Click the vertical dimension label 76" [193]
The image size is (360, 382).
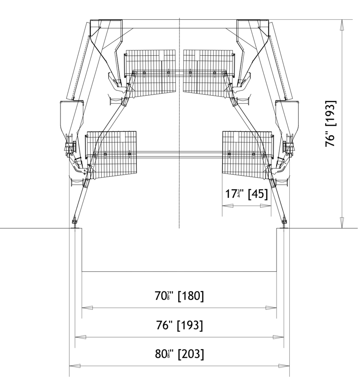330,124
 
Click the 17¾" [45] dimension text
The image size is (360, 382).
246,194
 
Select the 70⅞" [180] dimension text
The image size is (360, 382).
179,296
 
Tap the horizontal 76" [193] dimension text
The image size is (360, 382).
179,325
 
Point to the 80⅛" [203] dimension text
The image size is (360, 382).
179,354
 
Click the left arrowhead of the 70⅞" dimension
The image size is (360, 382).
87,308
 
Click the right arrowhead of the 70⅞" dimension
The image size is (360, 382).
271,308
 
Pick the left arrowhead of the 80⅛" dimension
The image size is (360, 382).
75,366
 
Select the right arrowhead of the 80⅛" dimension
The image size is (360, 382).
284,366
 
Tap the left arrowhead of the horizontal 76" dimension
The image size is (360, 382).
80,337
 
